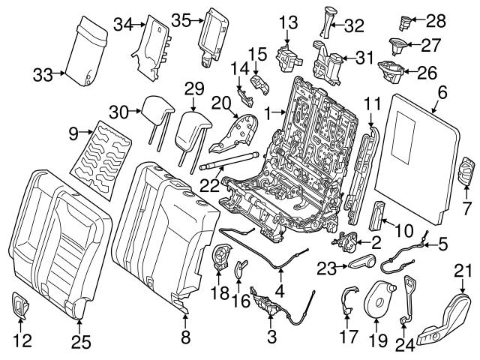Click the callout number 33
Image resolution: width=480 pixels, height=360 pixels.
coord(43,73)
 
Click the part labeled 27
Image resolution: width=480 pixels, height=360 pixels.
coord(398,46)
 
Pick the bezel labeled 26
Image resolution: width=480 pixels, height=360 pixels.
coord(390,72)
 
